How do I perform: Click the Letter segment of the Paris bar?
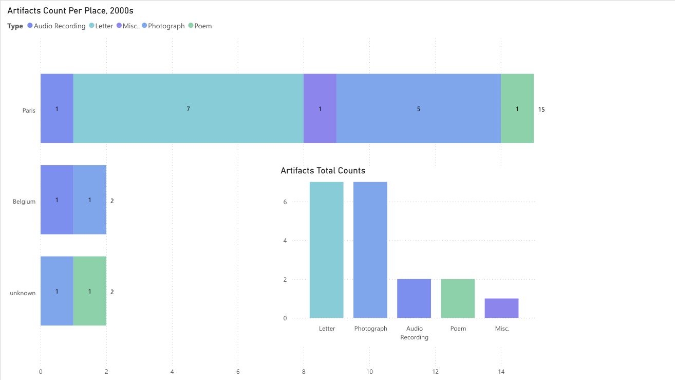click(188, 108)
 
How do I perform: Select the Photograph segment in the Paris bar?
click(418, 108)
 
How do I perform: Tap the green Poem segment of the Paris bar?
click(517, 108)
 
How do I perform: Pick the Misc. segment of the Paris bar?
click(320, 108)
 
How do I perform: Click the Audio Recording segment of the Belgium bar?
click(57, 200)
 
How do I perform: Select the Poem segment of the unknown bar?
click(89, 291)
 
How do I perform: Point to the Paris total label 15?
click(541, 110)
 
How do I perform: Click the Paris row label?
click(29, 110)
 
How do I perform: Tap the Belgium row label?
click(24, 202)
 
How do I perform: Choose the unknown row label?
click(23, 293)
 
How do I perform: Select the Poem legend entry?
click(202, 26)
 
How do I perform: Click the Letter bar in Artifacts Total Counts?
click(326, 250)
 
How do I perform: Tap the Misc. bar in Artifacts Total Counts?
click(501, 308)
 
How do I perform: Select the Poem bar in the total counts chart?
click(458, 298)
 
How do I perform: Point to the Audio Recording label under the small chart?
click(414, 333)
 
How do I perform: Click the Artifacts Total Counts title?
click(323, 171)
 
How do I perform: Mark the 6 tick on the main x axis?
click(238, 371)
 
